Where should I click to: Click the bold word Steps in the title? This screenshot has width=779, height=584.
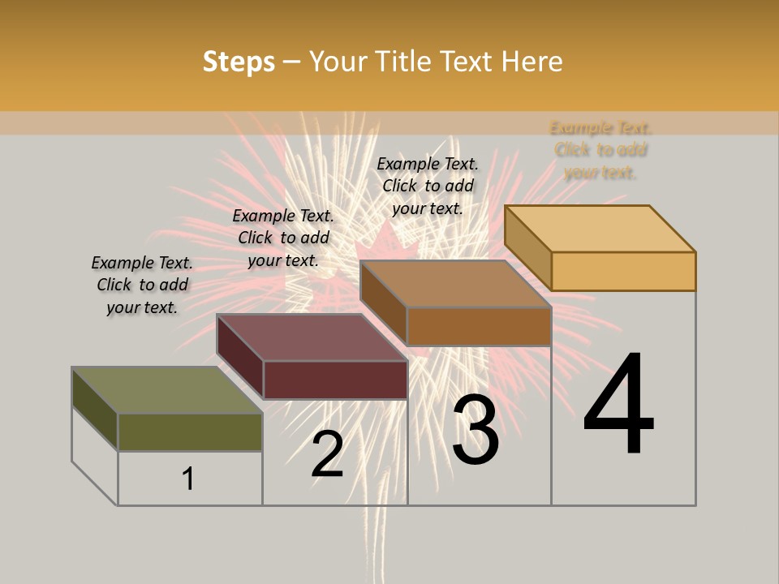tap(239, 62)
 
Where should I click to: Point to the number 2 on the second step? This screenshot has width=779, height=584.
tap(328, 454)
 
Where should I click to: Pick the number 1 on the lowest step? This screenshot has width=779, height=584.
tap(187, 479)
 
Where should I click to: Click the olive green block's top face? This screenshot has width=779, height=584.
tap(167, 390)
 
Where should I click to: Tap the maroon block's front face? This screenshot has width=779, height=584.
tap(335, 380)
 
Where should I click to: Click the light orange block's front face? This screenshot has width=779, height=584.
tap(623, 271)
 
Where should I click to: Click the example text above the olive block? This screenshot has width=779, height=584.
tap(142, 285)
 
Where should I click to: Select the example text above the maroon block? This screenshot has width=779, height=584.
tap(283, 238)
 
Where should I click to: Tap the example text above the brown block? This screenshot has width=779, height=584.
tap(428, 186)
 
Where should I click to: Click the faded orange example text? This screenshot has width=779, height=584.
tap(600, 150)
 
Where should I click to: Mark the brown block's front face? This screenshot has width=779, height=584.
tap(479, 326)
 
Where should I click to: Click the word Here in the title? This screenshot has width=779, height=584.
tap(532, 62)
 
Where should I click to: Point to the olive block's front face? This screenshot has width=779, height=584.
tap(190, 432)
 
